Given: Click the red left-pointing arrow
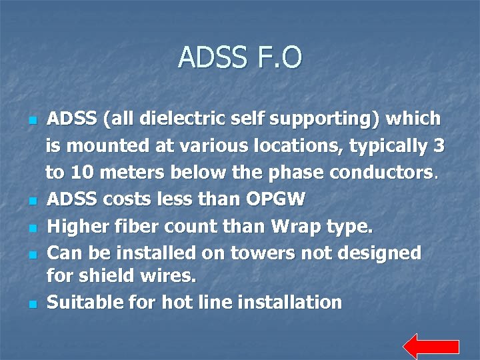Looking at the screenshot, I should pos(431,347).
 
